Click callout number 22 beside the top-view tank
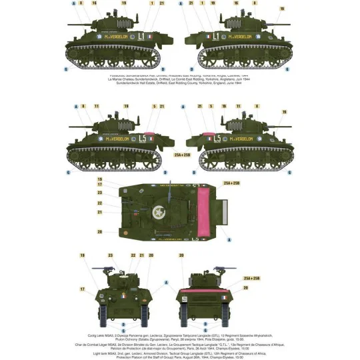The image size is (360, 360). coord(99,203)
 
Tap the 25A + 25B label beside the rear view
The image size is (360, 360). coord(233,277)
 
